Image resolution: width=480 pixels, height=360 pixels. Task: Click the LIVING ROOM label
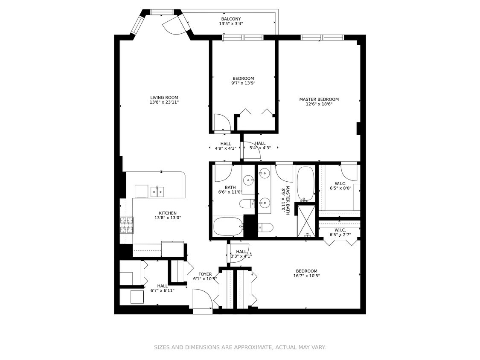[164, 97]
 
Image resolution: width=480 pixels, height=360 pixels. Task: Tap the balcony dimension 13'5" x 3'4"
[230, 24]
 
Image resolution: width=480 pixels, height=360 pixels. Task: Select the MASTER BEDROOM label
[319, 99]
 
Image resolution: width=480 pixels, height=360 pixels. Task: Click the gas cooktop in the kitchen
[127, 225]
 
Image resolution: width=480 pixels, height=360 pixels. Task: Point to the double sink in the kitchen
[157, 192]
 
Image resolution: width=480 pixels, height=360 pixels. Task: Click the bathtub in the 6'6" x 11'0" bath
[228, 226]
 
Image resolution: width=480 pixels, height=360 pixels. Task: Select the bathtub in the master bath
[305, 183]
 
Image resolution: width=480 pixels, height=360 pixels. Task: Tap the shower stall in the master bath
[306, 221]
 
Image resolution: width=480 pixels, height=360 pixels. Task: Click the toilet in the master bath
[266, 227]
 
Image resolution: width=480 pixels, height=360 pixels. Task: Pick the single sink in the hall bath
[249, 180]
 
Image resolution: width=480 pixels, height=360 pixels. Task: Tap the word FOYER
[205, 274]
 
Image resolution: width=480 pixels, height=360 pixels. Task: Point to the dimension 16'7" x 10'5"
[306, 276]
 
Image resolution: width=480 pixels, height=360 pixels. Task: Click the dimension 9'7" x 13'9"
[243, 83]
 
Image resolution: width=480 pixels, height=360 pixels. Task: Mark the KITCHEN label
[167, 213]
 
